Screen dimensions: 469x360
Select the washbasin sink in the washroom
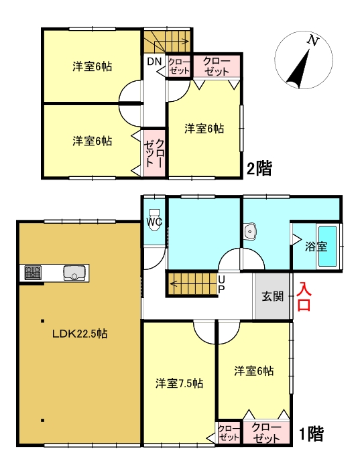pyautogui.click(x=251, y=232)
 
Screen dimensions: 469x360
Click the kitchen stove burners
pyautogui.click(x=33, y=272)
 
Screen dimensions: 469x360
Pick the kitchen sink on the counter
pyautogui.click(x=74, y=273)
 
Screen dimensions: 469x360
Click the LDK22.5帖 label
pyautogui.click(x=79, y=333)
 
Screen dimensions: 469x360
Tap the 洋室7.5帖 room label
pyautogui.click(x=179, y=384)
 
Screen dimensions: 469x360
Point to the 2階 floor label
pyautogui.click(x=259, y=167)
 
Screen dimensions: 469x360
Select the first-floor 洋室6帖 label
pyautogui.click(x=254, y=370)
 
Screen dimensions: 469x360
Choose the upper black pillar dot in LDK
pyautogui.click(x=42, y=320)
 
